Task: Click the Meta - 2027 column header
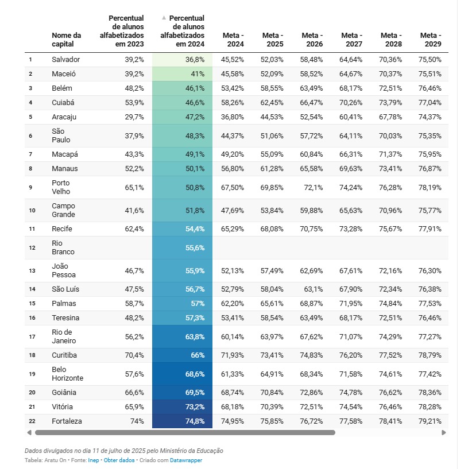(351, 40)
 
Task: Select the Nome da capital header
(66, 40)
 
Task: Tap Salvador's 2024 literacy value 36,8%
(195, 60)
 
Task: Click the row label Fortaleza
(67, 421)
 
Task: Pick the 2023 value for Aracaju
(134, 117)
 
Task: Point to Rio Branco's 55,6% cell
(195, 248)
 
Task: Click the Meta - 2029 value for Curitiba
(430, 355)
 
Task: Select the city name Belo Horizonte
(67, 374)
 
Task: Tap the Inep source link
(94, 460)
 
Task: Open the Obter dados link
(119, 460)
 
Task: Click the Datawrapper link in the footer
(186, 460)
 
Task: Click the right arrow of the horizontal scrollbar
(444, 433)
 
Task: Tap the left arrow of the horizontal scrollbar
(29, 433)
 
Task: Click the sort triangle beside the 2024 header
(164, 18)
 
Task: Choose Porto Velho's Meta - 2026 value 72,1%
(314, 188)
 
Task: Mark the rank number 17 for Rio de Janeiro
(32, 336)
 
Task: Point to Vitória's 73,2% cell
(195, 406)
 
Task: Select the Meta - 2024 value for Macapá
(233, 154)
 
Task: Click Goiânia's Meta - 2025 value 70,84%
(272, 392)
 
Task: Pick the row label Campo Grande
(64, 210)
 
